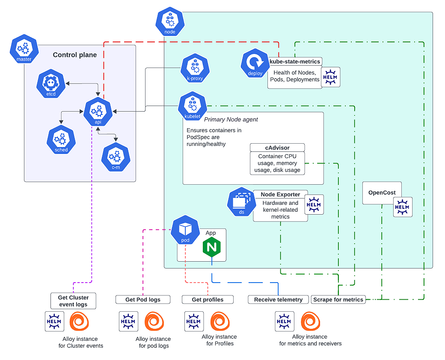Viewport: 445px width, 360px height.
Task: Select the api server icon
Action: (x=98, y=112)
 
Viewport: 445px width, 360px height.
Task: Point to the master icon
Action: (x=24, y=49)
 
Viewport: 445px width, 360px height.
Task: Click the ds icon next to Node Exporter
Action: (x=241, y=201)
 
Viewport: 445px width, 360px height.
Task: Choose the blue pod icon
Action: (x=185, y=230)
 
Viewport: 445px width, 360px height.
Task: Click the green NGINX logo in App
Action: (x=211, y=248)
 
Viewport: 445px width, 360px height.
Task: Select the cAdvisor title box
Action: (x=277, y=148)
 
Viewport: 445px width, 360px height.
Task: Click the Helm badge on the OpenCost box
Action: (x=403, y=207)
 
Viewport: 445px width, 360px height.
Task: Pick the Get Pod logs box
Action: (x=143, y=299)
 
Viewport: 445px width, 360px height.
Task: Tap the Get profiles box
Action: (x=208, y=299)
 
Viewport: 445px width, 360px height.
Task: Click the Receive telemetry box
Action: (x=278, y=299)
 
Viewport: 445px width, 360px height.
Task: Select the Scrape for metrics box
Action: (x=338, y=299)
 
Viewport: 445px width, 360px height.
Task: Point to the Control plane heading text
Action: (x=75, y=55)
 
